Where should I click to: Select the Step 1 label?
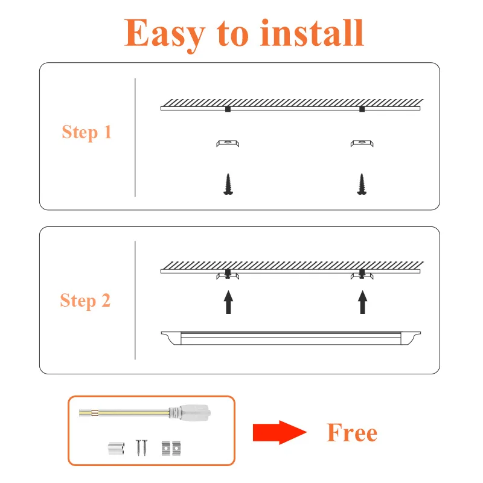click(x=86, y=132)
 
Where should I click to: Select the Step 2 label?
click(x=85, y=300)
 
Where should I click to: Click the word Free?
click(x=352, y=432)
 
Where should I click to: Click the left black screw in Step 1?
click(x=228, y=184)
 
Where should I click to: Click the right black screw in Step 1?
click(x=362, y=184)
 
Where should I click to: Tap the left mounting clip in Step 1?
click(x=228, y=143)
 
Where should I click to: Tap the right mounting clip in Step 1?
click(x=362, y=143)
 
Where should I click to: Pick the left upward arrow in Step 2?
click(x=228, y=302)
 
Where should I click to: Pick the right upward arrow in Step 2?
click(x=362, y=302)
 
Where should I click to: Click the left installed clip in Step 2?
click(x=228, y=276)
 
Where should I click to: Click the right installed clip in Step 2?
click(x=362, y=276)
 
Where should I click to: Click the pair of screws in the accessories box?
click(x=141, y=447)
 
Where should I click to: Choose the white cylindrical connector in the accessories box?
click(x=116, y=447)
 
